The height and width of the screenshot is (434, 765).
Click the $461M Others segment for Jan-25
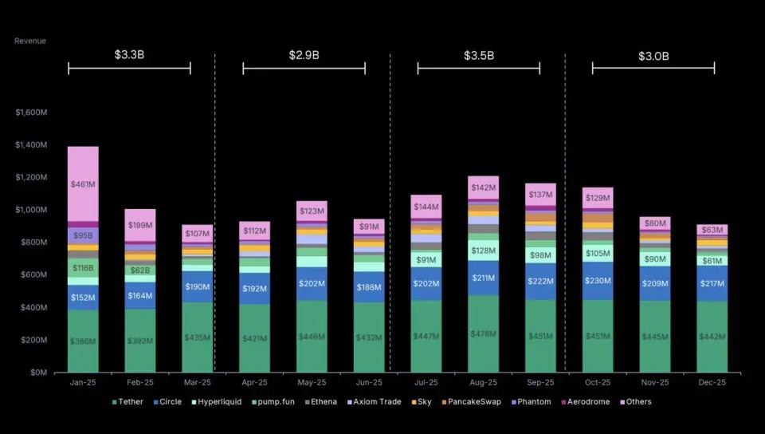pos(83,184)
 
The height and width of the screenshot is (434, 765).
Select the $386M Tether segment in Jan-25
pos(83,341)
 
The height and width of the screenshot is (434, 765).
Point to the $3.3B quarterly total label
pos(129,55)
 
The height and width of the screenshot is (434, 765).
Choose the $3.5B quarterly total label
pos(478,55)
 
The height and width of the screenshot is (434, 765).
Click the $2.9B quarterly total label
pos(304,55)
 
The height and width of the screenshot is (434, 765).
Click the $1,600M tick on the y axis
pos(31,112)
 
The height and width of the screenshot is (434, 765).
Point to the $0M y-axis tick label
pos(37,373)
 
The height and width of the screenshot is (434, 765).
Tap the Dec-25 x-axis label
pos(712,383)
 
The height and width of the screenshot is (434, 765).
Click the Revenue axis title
pos(30,41)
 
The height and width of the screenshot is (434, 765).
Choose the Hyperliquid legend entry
pos(217,402)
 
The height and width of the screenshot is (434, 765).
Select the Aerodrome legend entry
pos(586,402)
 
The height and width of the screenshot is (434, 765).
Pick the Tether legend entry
pos(127,402)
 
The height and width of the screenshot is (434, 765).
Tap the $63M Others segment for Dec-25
pos(712,230)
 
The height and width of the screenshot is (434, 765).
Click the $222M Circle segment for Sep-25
pos(540,281)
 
